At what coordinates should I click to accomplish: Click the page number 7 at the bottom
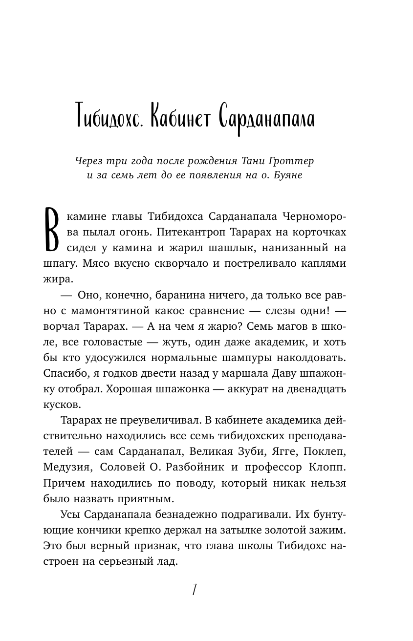tap(195, 590)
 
